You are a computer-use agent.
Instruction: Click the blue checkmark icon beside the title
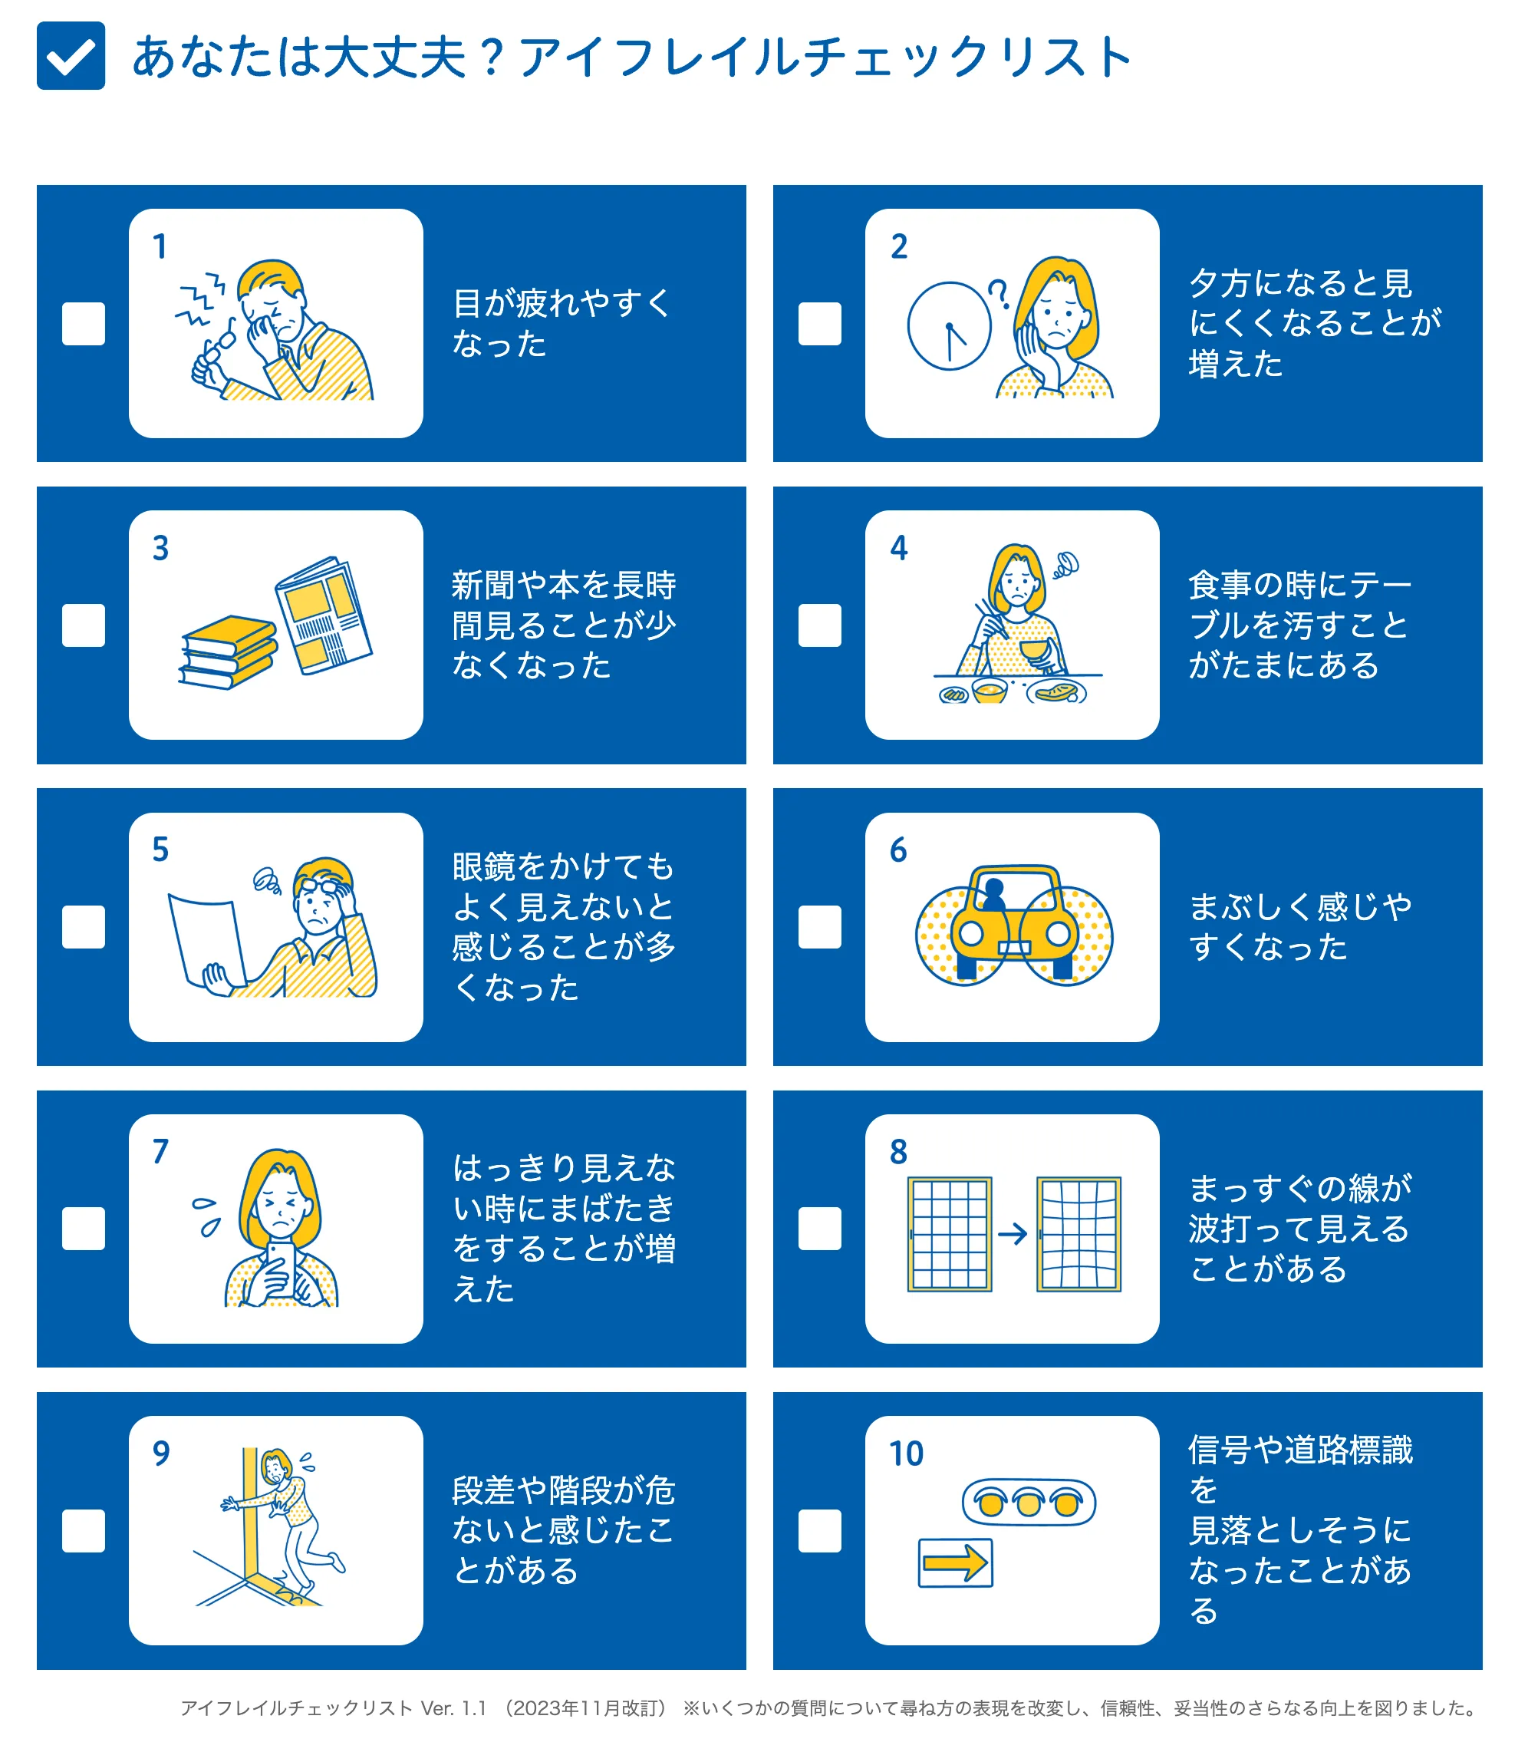tap(71, 55)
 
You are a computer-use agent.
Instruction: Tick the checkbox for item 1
tap(84, 324)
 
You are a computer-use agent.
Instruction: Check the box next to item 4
tap(819, 625)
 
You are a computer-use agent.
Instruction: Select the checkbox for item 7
tap(84, 1229)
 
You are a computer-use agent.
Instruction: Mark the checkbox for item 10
tap(819, 1531)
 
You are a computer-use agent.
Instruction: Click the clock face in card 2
tap(949, 326)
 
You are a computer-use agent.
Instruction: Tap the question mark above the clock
tap(999, 293)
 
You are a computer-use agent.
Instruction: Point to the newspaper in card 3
tap(323, 615)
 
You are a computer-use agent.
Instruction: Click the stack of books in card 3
tap(228, 652)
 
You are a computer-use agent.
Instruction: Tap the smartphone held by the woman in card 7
tap(282, 1269)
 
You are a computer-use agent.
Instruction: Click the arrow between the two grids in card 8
tap(1013, 1234)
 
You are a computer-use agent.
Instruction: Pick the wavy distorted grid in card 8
tap(1078, 1234)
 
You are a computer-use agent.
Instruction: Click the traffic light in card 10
tap(1029, 1502)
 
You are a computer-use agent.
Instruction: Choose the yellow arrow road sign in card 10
tap(956, 1562)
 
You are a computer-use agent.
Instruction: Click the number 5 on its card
tap(160, 850)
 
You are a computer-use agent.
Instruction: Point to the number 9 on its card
tap(161, 1453)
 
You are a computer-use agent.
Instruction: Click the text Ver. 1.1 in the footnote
tap(453, 1708)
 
